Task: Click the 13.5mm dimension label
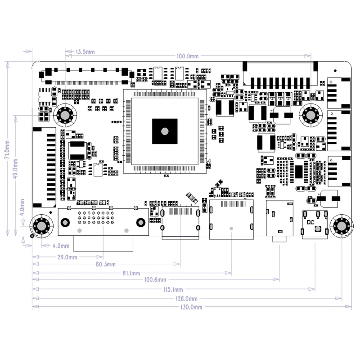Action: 85,52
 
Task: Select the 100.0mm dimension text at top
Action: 188,56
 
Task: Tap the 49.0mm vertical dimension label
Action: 17,166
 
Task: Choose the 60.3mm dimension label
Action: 106,264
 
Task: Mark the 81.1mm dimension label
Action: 131,273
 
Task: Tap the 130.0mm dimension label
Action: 192,307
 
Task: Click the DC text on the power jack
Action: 310,222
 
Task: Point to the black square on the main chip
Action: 164,131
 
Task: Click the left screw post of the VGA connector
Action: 66,222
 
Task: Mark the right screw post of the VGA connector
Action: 140,222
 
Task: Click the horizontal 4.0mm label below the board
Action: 60,246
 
